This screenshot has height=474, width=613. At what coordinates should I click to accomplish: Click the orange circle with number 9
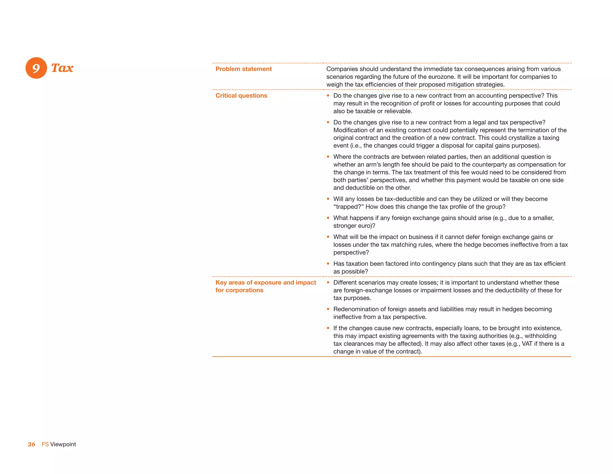click(36, 68)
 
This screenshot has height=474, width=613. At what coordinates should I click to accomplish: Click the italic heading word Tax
click(62, 68)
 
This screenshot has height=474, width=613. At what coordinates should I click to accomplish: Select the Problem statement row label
click(244, 69)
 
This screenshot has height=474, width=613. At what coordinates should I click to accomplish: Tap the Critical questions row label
click(241, 96)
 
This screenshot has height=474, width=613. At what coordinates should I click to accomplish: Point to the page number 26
click(31, 444)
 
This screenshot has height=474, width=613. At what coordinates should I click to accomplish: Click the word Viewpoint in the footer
click(63, 444)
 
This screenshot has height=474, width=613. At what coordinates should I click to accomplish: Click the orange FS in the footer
click(45, 444)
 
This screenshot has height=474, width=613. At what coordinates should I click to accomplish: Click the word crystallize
click(518, 138)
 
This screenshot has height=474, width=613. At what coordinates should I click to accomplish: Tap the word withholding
click(541, 336)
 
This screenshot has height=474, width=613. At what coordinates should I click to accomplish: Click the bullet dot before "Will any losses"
click(328, 199)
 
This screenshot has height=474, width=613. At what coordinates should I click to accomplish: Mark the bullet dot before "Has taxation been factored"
click(328, 264)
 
